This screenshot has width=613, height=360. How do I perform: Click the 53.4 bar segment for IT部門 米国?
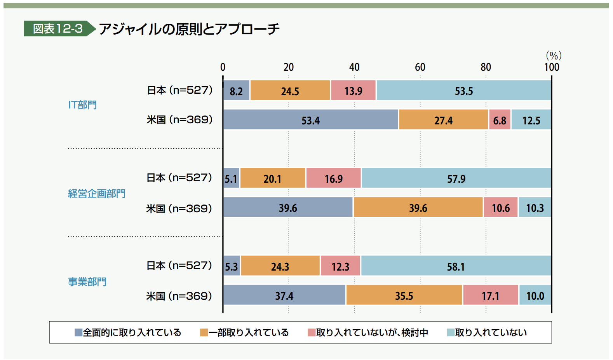[x=310, y=120]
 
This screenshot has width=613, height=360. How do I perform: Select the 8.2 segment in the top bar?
[x=236, y=91]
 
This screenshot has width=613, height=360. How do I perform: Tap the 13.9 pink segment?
[x=353, y=91]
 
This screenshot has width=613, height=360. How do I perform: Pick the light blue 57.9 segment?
[x=456, y=178]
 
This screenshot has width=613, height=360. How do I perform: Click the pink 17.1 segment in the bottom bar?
[x=490, y=295]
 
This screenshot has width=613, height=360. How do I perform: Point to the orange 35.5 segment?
[x=404, y=295]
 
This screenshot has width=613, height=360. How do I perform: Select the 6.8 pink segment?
[x=500, y=120]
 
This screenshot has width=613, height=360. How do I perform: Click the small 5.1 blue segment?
[x=231, y=178]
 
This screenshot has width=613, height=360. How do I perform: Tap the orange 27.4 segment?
[x=443, y=120]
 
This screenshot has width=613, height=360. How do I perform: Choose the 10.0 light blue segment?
[x=535, y=295]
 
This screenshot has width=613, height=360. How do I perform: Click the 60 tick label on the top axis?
[x=420, y=67]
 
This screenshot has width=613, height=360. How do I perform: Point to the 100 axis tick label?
[x=552, y=67]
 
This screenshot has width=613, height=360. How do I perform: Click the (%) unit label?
[x=554, y=56]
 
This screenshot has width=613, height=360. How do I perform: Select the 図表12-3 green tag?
[x=58, y=29]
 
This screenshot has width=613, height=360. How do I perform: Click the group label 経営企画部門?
[x=97, y=193]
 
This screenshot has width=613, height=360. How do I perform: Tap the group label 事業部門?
[x=87, y=281]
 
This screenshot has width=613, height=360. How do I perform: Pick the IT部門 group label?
[x=82, y=105]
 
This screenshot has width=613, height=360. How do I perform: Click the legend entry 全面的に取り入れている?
[x=128, y=332]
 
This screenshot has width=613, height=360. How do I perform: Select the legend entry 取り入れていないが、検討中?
[x=368, y=332]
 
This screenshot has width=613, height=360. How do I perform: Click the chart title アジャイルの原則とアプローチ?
[x=189, y=29]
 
